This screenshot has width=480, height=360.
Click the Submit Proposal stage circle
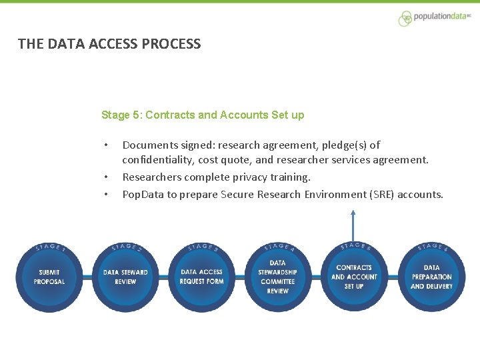(49, 277)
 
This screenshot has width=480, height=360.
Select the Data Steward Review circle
(125, 277)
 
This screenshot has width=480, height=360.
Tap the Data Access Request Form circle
(201, 277)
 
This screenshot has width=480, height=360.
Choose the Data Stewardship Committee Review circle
(277, 277)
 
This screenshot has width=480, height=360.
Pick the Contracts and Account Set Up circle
(354, 277)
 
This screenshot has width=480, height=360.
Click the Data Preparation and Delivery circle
(431, 277)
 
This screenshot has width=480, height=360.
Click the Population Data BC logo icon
(405, 19)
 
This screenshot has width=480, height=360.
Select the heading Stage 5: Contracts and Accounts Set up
(203, 115)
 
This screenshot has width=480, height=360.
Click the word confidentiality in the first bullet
(158, 160)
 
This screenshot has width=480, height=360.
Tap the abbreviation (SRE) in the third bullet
(379, 195)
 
